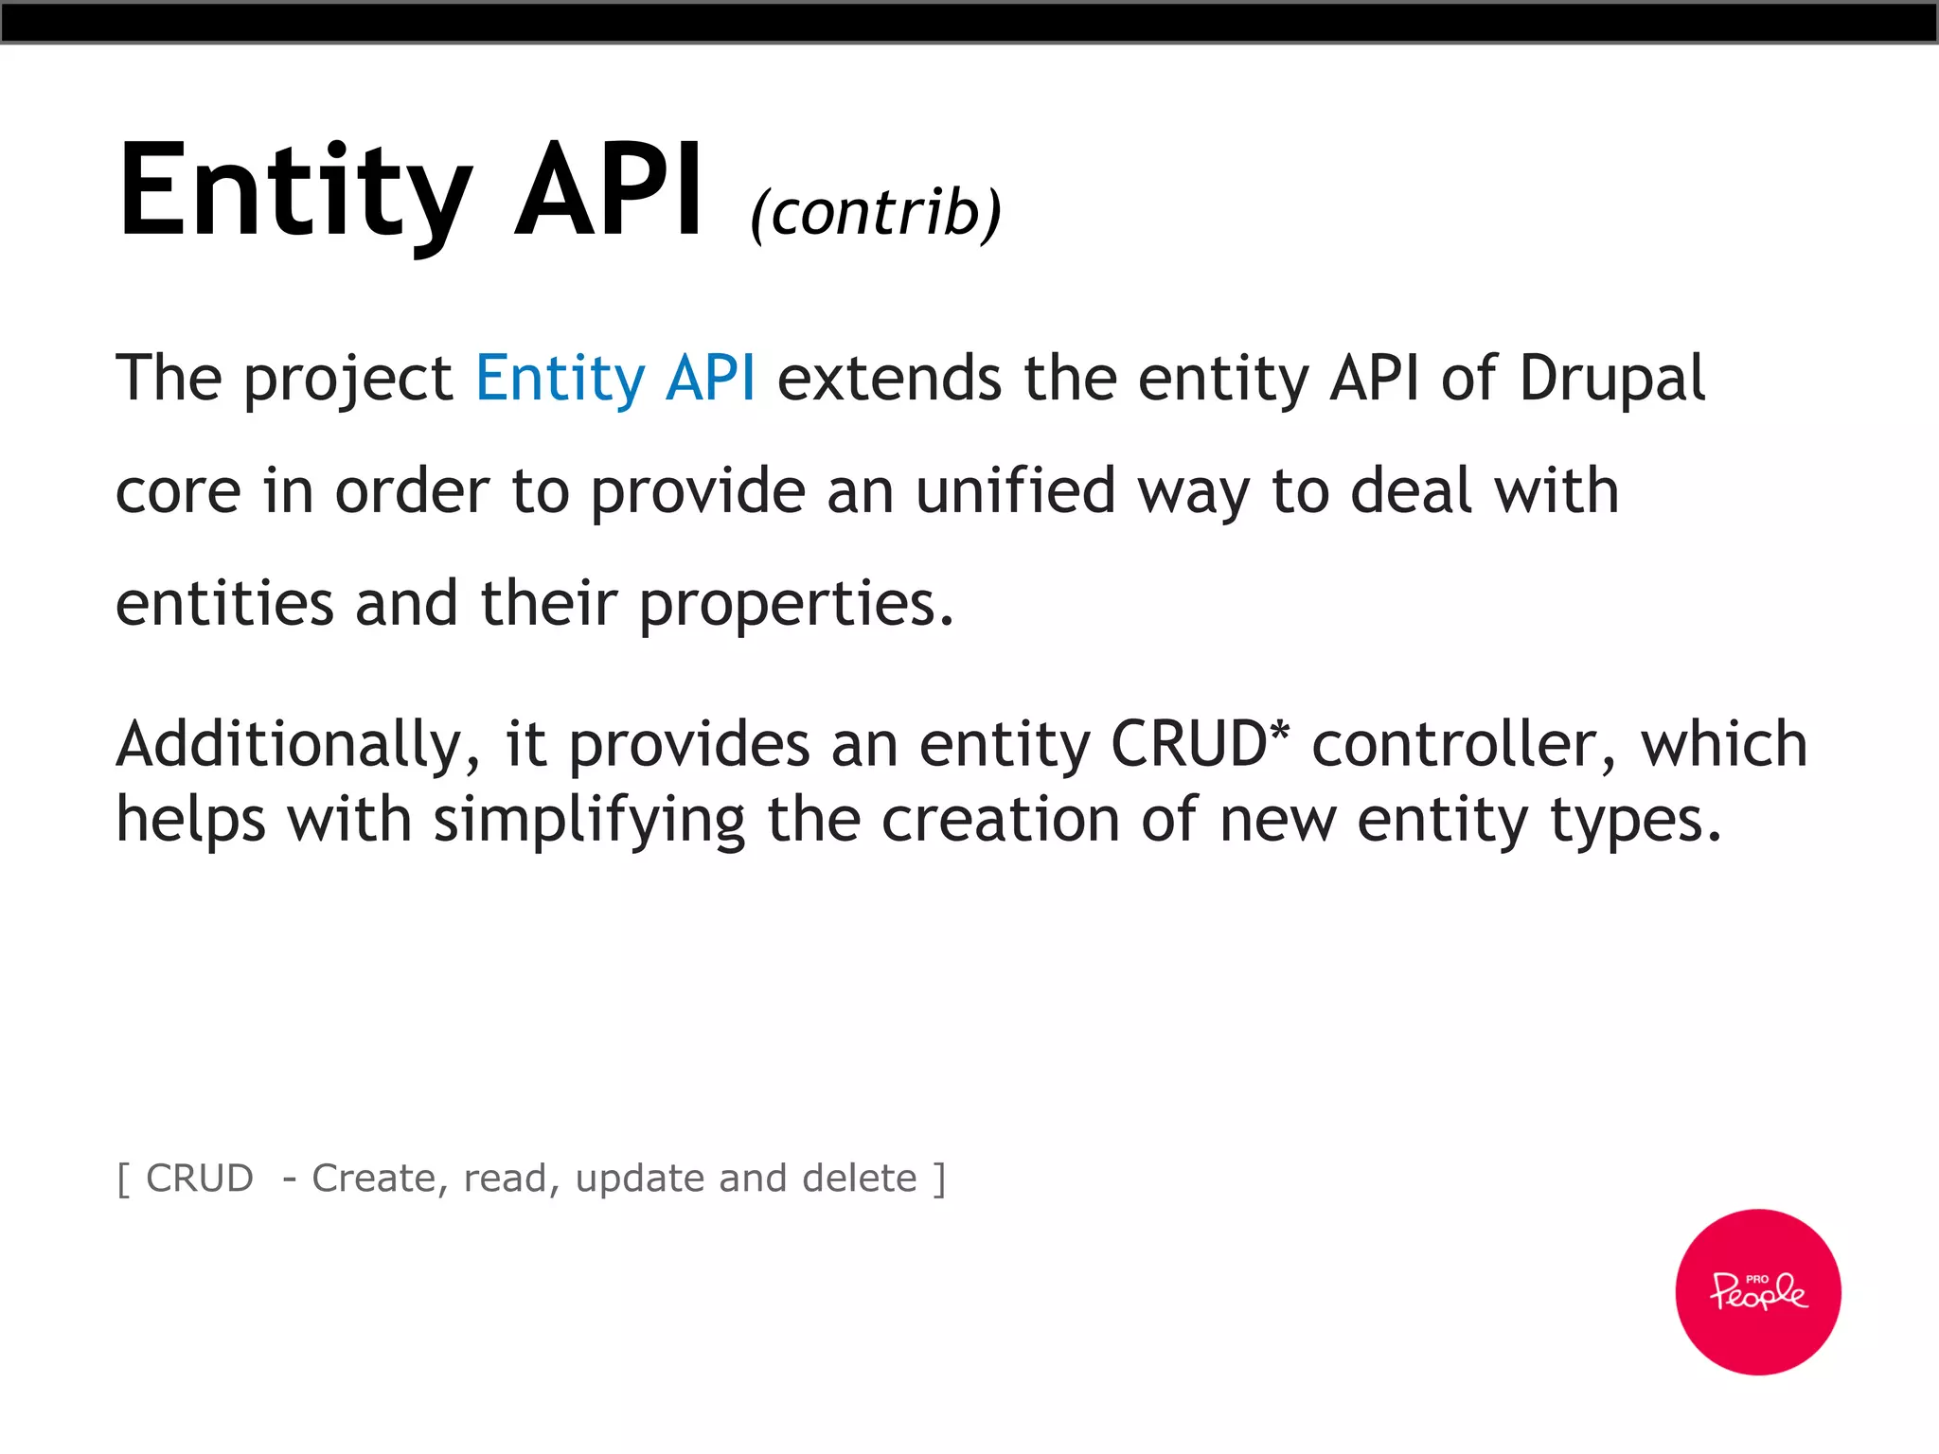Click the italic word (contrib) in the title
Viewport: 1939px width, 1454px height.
[876, 212]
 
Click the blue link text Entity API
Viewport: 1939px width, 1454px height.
[615, 379]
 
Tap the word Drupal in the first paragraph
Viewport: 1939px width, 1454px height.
[1611, 379]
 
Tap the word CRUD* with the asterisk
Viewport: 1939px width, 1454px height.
[1199, 744]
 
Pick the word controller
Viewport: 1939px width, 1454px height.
[1464, 744]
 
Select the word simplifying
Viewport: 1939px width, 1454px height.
[589, 820]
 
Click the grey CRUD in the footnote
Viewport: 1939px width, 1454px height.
[200, 1179]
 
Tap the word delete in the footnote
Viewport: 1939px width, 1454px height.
[859, 1179]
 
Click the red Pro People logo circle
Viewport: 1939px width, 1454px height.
[1757, 1291]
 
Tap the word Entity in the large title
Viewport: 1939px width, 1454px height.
[294, 189]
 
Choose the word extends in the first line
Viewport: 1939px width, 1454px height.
[889, 379]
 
